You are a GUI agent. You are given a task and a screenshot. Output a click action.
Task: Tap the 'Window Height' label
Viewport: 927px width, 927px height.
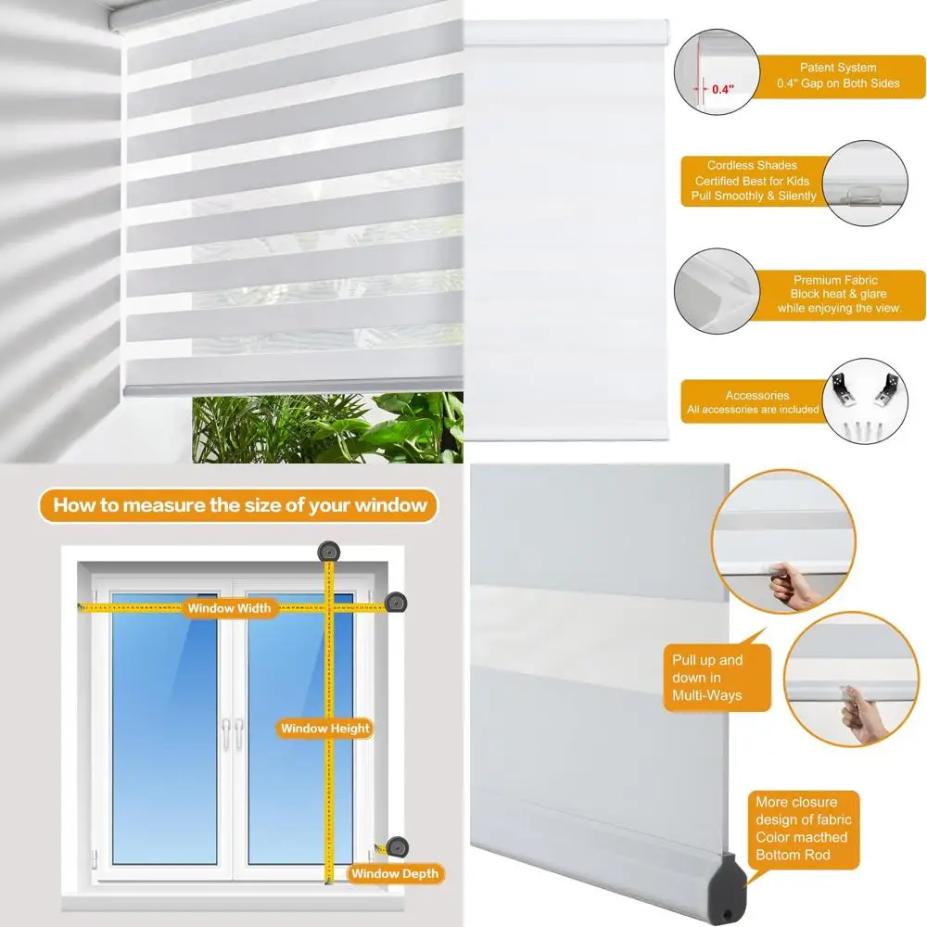click(x=325, y=729)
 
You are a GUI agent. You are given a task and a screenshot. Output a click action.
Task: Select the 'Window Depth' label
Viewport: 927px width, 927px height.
click(x=395, y=873)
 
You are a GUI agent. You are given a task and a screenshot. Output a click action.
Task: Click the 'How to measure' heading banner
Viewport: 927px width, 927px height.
click(x=239, y=505)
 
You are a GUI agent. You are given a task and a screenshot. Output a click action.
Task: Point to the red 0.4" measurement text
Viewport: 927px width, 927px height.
click(x=722, y=90)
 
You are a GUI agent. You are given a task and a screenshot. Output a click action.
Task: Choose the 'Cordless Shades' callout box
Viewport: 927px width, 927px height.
click(x=752, y=181)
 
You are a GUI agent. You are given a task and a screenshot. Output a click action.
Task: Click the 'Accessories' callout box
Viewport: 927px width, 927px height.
click(x=755, y=401)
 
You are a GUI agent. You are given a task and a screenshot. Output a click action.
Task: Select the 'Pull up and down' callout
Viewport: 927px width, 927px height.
click(x=709, y=678)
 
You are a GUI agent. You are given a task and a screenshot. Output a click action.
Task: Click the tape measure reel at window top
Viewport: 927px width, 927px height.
click(x=327, y=552)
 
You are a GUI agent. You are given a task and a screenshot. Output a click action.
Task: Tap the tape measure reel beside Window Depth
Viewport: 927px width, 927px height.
click(x=397, y=846)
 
